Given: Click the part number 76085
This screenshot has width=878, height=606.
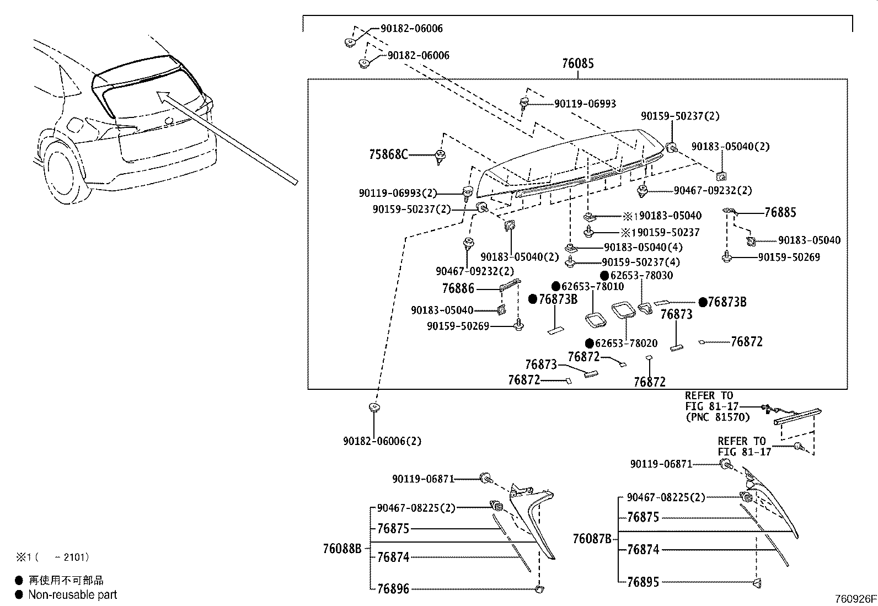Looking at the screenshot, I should pos(578,63).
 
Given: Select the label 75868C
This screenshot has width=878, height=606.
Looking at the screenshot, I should pos(388,154).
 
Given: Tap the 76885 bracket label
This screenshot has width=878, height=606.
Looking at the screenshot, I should pos(780,213).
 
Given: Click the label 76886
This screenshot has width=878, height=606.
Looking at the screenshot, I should pos(458,288).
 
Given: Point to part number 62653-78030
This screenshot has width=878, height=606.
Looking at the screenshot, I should pos(642,275).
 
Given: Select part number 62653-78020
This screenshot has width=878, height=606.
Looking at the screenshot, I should pos(627,343).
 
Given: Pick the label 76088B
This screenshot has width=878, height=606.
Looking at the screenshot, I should pos(342,549).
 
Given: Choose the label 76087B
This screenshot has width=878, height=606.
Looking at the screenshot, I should pos(592,539).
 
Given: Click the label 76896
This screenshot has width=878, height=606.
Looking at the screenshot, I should pos(393,589).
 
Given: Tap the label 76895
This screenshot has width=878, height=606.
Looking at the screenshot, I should pos(643,582).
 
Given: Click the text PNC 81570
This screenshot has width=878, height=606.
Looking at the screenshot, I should pos(718,417).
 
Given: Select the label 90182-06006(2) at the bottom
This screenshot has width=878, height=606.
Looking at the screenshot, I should pos(382,441).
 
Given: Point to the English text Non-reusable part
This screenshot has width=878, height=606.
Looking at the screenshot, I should pos(72,594).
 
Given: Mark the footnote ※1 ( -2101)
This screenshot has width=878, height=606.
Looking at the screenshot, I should pos(52,557).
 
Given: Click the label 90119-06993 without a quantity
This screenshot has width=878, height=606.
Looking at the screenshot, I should pos(585,104).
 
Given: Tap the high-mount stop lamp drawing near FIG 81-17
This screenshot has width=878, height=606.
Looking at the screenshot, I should pos(797,417).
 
